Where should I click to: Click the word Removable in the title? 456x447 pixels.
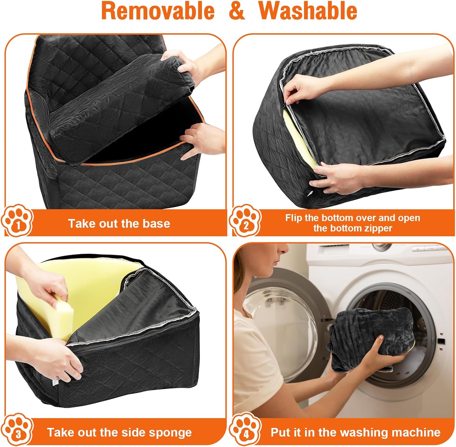tap(158, 11)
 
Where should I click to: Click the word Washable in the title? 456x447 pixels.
tap(308, 11)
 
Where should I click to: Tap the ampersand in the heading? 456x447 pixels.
tap(237, 11)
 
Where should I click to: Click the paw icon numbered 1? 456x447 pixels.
tap(17, 220)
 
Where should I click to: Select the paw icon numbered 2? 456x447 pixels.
tap(245, 220)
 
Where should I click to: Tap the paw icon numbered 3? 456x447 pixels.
tap(17, 429)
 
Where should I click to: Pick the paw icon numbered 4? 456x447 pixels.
tap(245, 429)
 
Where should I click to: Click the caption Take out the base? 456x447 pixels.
tap(119, 223)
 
